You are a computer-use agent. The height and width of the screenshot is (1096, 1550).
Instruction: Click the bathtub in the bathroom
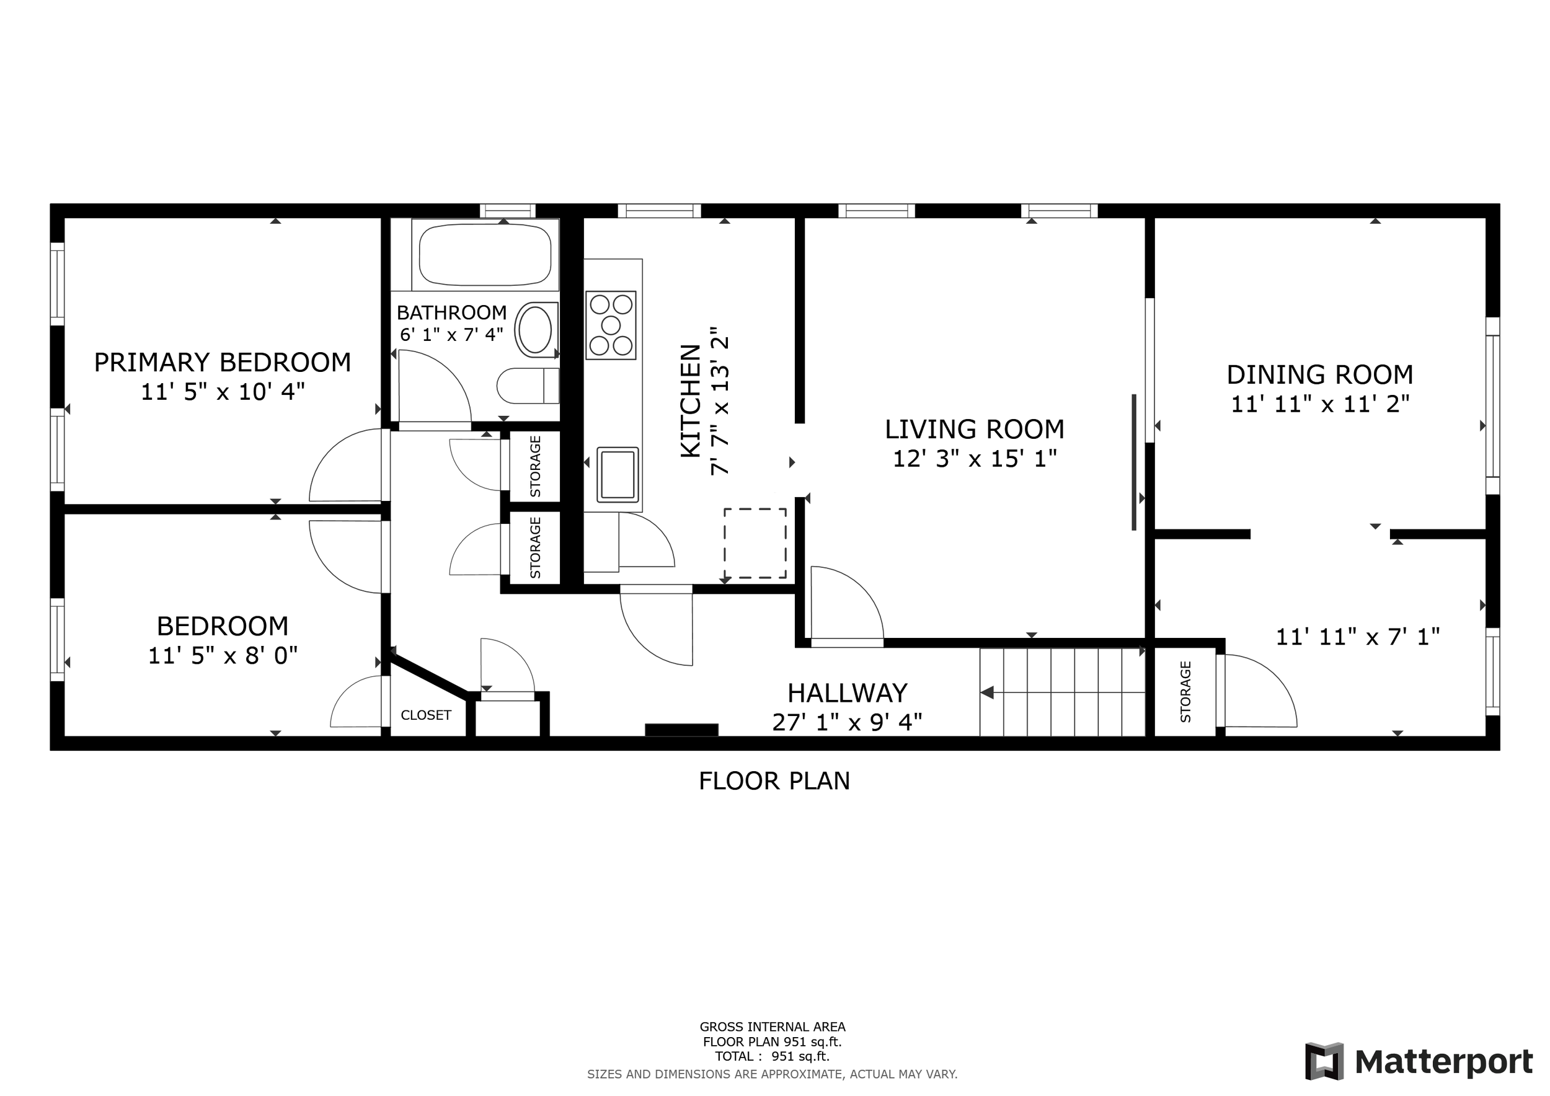tap(485, 254)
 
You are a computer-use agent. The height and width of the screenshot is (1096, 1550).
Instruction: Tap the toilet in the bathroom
tap(528, 386)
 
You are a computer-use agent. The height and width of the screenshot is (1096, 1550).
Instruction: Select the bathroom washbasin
tap(537, 329)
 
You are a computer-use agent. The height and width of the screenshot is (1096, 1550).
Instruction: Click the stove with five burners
tap(611, 325)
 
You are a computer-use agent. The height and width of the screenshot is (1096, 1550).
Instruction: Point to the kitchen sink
tap(617, 474)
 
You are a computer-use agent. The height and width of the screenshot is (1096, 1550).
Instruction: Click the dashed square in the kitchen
tap(755, 543)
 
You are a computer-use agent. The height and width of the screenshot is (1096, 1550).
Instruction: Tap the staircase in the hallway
tap(1062, 692)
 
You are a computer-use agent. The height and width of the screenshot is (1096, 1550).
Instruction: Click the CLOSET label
tap(426, 715)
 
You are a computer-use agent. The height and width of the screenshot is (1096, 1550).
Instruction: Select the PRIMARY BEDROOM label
tap(222, 363)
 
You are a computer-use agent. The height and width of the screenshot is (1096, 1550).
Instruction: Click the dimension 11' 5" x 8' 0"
tap(223, 655)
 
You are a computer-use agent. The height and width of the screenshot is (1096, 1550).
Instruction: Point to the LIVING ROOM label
tap(974, 429)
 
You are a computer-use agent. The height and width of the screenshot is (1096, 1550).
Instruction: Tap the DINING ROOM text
tap(1320, 374)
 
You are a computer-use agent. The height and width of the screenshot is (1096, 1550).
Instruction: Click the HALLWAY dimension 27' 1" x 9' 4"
tap(848, 723)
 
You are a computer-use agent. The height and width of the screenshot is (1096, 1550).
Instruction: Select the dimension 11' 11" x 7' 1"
tap(1358, 637)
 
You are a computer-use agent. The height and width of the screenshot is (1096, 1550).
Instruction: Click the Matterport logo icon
tap(1324, 1061)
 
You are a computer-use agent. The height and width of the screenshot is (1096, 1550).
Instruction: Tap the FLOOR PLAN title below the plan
tap(774, 781)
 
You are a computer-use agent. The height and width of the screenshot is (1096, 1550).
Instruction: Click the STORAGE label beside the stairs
tap(1185, 692)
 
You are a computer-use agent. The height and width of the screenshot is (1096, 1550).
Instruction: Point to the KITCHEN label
tap(691, 401)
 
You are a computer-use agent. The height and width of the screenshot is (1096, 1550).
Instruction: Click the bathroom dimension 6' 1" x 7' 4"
tap(451, 334)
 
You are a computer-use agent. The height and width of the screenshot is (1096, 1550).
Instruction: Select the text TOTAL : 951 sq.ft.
tap(773, 1056)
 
